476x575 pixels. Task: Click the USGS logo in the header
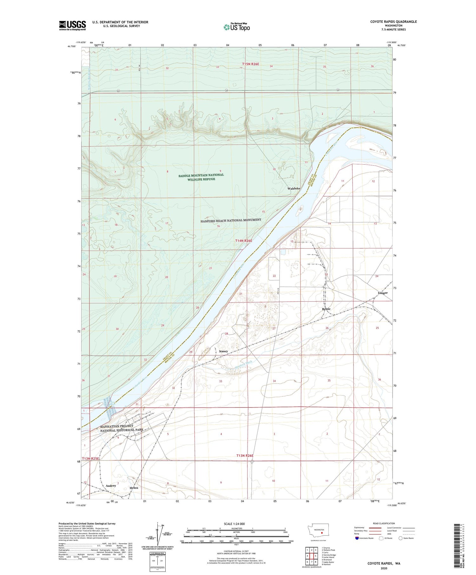coord(72,25)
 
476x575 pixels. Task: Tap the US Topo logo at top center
coord(236,27)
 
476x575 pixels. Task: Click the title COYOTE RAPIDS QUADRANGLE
coord(393,22)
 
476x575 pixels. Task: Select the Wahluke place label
coord(294,189)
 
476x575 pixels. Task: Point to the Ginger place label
coord(383,293)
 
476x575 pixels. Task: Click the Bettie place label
coord(326,309)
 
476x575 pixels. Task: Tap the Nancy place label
coord(223,351)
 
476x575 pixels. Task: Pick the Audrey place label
coord(111,486)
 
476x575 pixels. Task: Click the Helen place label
coord(134,488)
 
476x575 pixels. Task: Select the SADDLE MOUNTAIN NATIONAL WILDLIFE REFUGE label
coord(201,177)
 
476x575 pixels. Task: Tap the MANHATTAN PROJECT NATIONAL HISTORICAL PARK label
coord(122,428)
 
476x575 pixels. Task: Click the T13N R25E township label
coord(91,459)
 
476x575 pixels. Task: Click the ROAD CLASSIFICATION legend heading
coord(384,523)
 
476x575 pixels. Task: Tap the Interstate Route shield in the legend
coord(357,538)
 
